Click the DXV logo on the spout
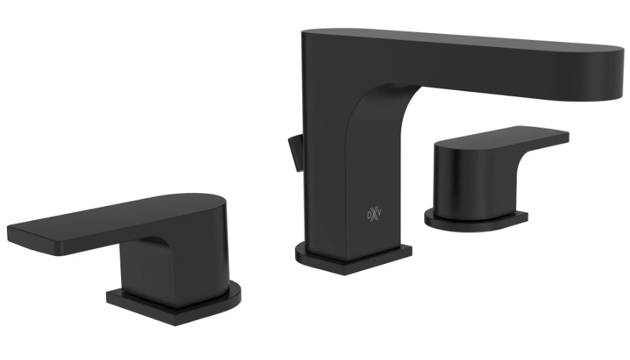pyautogui.click(x=374, y=215)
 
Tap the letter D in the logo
pyautogui.click(x=369, y=215)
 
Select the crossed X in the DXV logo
pyautogui.click(x=374, y=215)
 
